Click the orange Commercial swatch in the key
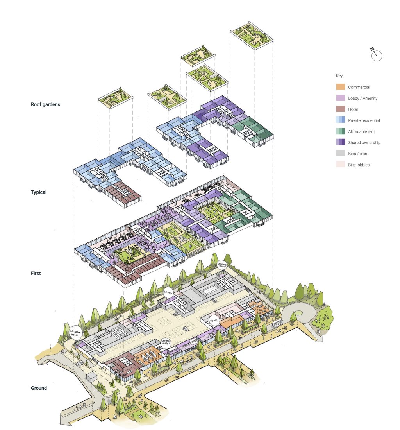pyautogui.click(x=340, y=87)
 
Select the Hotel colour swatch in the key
pyautogui.click(x=340, y=109)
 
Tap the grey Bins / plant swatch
pyautogui.click(x=340, y=154)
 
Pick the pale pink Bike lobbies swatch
pyautogui.click(x=340, y=165)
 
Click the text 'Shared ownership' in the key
pyautogui.click(x=364, y=143)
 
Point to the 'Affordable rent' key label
pyautogui.click(x=361, y=132)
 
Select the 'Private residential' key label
pyautogui.click(x=364, y=121)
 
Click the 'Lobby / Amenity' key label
pyautogui.click(x=362, y=99)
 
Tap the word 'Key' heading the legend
pyautogui.click(x=339, y=76)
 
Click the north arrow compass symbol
pyautogui.click(x=376, y=55)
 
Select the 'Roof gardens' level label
pyautogui.click(x=45, y=105)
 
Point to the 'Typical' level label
pyautogui.click(x=39, y=192)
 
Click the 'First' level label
pyautogui.click(x=36, y=274)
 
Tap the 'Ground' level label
pyautogui.click(x=39, y=388)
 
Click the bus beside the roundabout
pyautogui.click(x=277, y=323)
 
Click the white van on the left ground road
pyautogui.click(x=80, y=364)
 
